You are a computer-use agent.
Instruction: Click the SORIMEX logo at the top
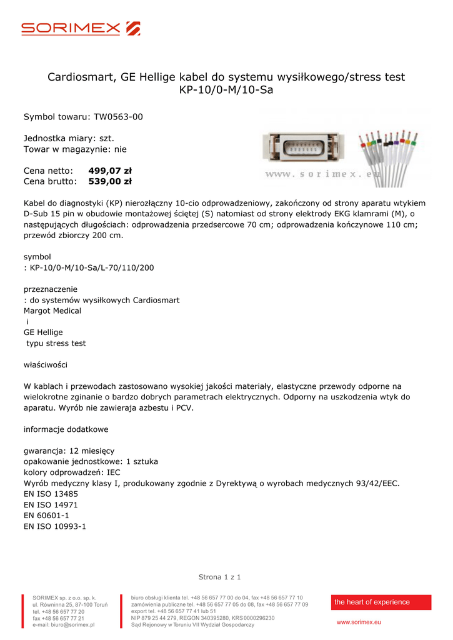pyautogui.click(x=81, y=28)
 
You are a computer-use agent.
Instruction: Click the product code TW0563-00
pyautogui.click(x=118, y=117)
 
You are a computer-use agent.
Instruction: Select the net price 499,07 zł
pyautogui.click(x=110, y=171)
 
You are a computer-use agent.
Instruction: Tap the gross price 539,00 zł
pyautogui.click(x=110, y=182)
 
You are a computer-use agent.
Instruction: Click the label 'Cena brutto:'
pyautogui.click(x=50, y=182)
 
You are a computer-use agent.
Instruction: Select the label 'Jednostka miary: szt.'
pyautogui.click(x=69, y=138)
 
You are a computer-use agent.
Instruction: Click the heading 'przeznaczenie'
pyautogui.click(x=51, y=289)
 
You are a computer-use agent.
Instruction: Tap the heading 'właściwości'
pyautogui.click(x=46, y=364)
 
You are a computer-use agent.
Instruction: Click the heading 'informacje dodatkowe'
pyautogui.click(x=66, y=429)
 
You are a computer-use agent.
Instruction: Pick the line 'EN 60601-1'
pyautogui.click(x=46, y=515)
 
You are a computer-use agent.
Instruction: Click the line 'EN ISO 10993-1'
pyautogui.click(x=55, y=526)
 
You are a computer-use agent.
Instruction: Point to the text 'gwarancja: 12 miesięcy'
pyautogui.click(x=69, y=451)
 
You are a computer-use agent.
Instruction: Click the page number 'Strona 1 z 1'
pyautogui.click(x=219, y=577)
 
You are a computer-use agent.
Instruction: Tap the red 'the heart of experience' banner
pyautogui.click(x=381, y=602)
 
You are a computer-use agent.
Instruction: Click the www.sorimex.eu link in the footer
pyautogui.click(x=359, y=622)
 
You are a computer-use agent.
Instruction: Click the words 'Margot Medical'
pyautogui.click(x=52, y=311)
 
